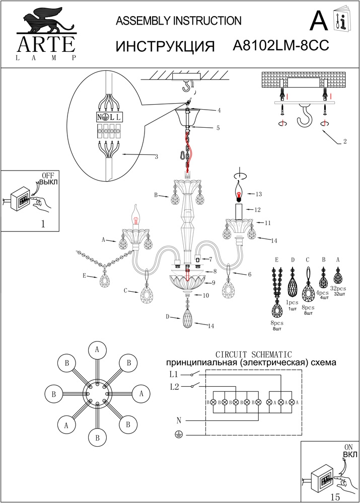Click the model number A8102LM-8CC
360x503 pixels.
281,46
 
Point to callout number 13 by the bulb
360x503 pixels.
258,194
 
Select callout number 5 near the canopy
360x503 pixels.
218,128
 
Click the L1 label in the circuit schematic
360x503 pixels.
174,374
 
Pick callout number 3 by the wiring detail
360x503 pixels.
157,157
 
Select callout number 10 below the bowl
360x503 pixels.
206,296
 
